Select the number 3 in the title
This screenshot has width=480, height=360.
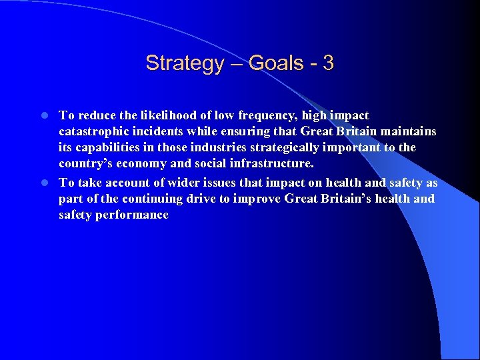327,63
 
